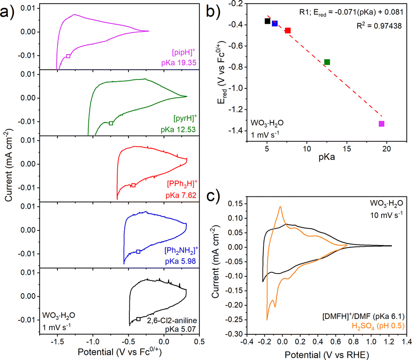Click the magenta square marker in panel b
coord(382,123)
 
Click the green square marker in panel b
coord(327,62)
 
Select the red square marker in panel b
coord(288,30)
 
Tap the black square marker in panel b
coord(267,21)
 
